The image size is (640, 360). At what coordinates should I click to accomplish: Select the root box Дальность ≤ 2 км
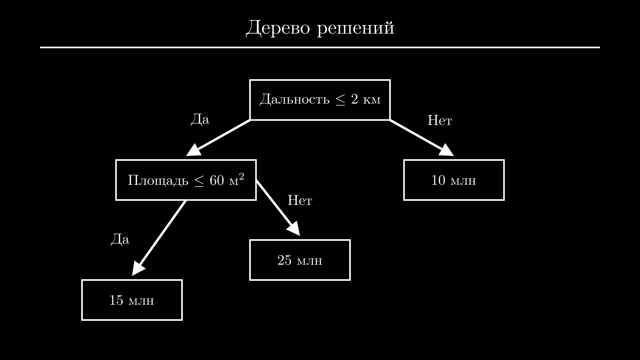pos(320,100)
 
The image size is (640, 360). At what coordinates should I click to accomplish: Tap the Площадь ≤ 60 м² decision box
pos(186,180)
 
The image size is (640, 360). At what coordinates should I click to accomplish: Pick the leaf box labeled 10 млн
pos(454,180)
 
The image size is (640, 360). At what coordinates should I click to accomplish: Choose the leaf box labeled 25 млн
pos(300,260)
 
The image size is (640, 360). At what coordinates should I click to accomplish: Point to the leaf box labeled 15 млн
pos(132,300)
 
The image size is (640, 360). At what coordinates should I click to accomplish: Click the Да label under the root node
pos(200,119)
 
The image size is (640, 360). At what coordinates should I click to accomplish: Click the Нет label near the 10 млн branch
pos(440,120)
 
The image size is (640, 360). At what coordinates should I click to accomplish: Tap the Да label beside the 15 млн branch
pos(120,239)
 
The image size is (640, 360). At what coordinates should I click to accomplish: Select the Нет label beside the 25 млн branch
pos(300,200)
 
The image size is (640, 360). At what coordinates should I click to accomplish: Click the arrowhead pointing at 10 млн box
pos(447,151)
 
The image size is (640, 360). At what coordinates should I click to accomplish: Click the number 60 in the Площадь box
pos(217,180)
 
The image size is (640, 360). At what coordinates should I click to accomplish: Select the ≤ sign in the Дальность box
pos(340,100)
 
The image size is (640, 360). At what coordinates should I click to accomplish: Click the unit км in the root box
pos(372,99)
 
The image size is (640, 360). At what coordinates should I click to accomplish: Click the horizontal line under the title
pos(320,48)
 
